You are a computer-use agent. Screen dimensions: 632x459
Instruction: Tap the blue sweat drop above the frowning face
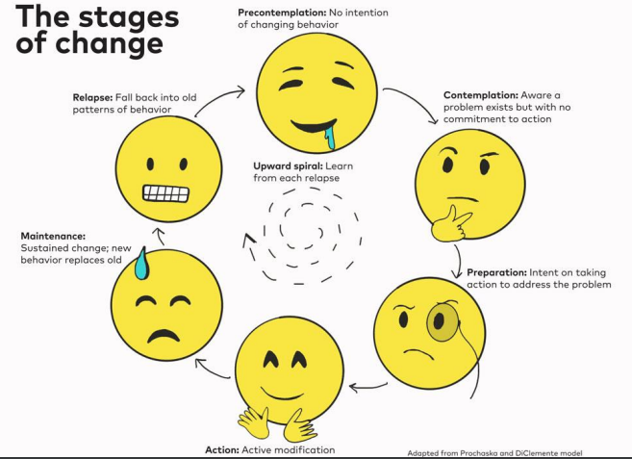pyautogui.click(x=141, y=264)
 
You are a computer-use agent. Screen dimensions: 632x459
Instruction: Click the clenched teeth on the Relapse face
pyautogui.click(x=165, y=193)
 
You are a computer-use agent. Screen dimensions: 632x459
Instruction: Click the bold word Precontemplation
pyautogui.click(x=282, y=13)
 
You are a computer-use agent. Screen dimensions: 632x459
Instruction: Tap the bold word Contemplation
pyautogui.click(x=480, y=95)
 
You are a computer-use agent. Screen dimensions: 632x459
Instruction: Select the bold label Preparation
pyautogui.click(x=496, y=272)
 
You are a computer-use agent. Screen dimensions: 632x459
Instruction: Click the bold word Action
pyautogui.click(x=222, y=449)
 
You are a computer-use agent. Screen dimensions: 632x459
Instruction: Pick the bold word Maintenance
pyautogui.click(x=53, y=236)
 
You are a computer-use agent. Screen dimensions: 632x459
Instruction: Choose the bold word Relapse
pyautogui.click(x=92, y=97)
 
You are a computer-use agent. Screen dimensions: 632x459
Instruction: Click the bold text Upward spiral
pyautogui.click(x=289, y=166)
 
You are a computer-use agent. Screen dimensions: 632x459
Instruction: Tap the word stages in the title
pyautogui.click(x=129, y=18)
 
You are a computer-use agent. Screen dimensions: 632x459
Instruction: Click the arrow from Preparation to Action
pyautogui.click(x=368, y=388)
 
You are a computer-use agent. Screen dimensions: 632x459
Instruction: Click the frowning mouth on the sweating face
pyautogui.click(x=164, y=335)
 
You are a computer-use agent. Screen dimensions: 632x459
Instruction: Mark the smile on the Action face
pyautogui.click(x=282, y=394)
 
